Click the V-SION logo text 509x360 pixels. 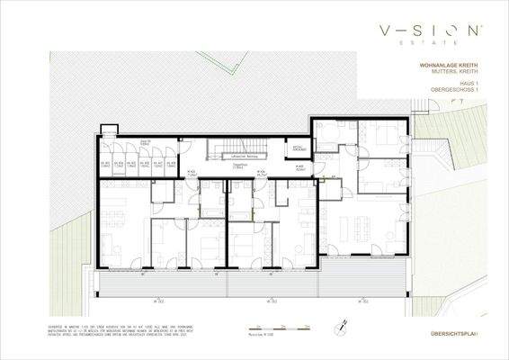433,32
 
